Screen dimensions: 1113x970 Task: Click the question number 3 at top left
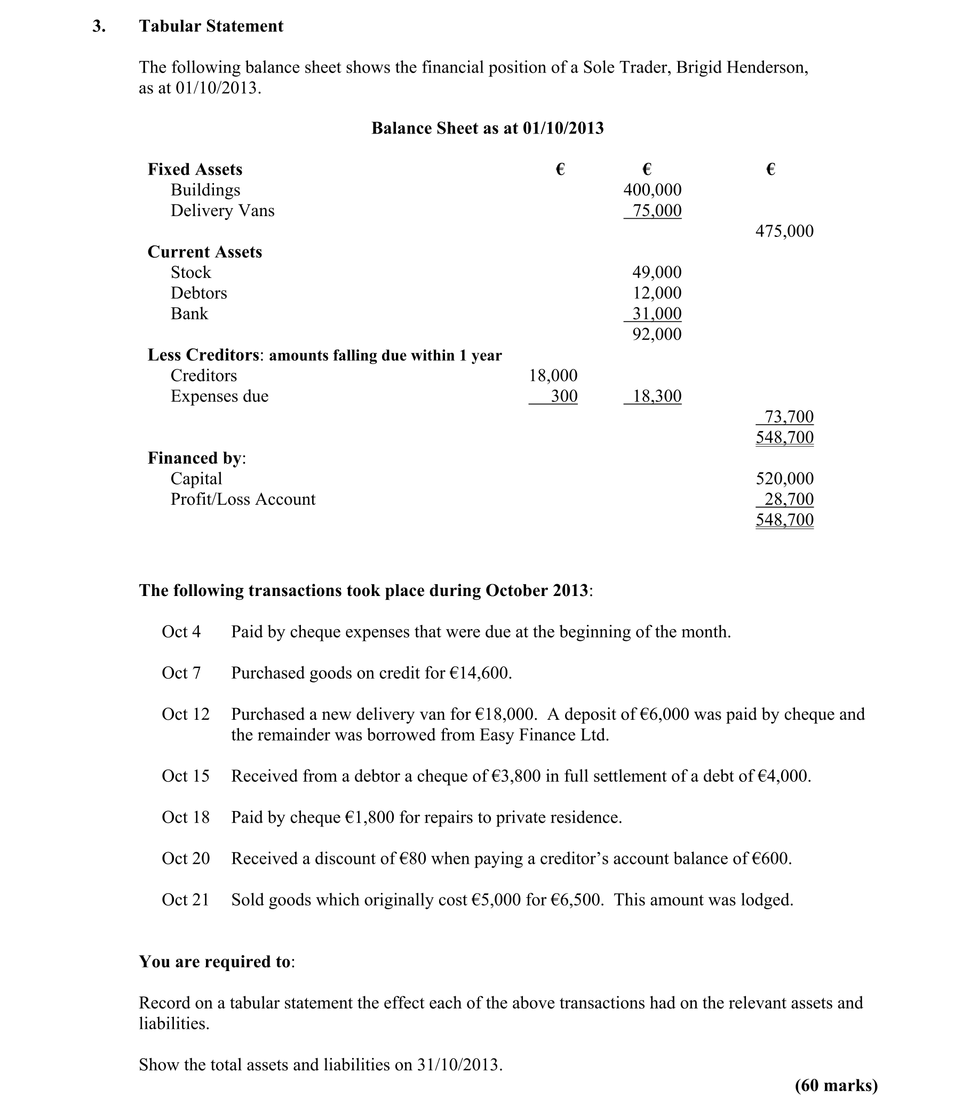click(x=98, y=26)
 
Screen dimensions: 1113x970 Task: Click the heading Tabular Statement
click(x=211, y=26)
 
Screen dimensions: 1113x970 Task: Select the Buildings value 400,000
click(x=652, y=190)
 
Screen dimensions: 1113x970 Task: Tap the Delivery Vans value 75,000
click(x=657, y=211)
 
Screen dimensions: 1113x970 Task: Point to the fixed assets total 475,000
click(x=784, y=231)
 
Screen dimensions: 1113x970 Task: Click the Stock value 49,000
click(x=657, y=272)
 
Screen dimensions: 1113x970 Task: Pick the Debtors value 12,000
click(x=657, y=293)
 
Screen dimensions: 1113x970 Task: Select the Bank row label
click(x=189, y=314)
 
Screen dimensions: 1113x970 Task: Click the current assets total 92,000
click(x=657, y=334)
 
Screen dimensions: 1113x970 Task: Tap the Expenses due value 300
click(x=564, y=396)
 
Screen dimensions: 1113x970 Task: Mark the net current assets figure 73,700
click(x=789, y=417)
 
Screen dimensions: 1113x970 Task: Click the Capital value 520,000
click(x=784, y=479)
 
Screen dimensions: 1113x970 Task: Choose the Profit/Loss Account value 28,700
click(x=789, y=499)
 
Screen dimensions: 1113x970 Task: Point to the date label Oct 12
click(x=185, y=714)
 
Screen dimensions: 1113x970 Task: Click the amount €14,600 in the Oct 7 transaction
click(x=479, y=673)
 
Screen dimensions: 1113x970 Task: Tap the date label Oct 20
click(x=185, y=858)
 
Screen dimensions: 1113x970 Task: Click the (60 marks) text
click(x=836, y=1085)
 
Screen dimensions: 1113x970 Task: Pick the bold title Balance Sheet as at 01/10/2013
click(x=487, y=128)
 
